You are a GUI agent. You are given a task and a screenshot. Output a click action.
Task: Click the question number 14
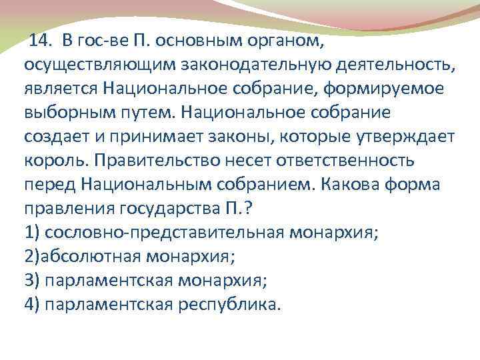pos(41,41)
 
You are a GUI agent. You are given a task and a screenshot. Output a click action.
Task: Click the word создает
pos(52,137)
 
